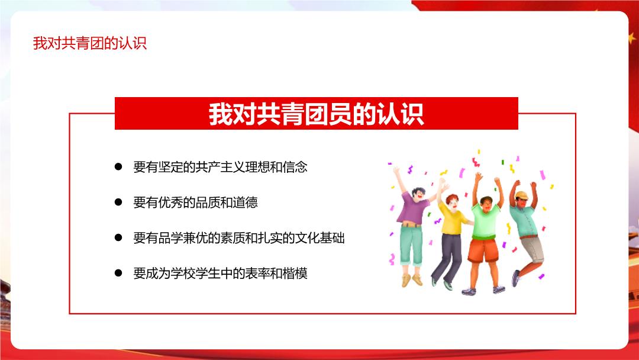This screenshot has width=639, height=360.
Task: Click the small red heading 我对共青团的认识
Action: pyautogui.click(x=90, y=43)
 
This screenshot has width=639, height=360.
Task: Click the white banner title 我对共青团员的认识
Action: pyautogui.click(x=316, y=114)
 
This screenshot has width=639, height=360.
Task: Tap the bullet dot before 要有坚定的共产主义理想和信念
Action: pyautogui.click(x=118, y=166)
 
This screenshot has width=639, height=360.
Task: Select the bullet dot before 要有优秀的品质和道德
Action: pyautogui.click(x=118, y=202)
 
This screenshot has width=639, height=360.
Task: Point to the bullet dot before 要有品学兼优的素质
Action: pyautogui.click(x=118, y=237)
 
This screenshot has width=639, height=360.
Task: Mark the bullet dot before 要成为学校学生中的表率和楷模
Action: pyautogui.click(x=118, y=273)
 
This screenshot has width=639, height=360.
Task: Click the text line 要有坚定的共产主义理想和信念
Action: pyautogui.click(x=220, y=167)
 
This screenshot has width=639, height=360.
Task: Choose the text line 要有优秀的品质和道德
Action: pyautogui.click(x=195, y=202)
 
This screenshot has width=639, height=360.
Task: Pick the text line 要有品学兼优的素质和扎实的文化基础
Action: pyautogui.click(x=239, y=237)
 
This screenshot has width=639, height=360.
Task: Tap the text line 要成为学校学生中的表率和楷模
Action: pyautogui.click(x=220, y=273)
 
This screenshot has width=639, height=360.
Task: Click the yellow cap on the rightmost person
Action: pyautogui.click(x=522, y=195)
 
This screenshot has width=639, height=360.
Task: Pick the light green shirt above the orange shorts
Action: pyautogui.click(x=485, y=222)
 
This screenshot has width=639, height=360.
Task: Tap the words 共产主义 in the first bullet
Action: pyautogui.click(x=220, y=167)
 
